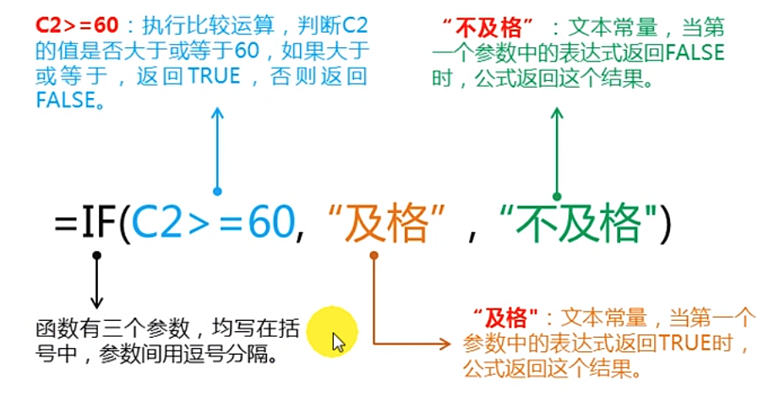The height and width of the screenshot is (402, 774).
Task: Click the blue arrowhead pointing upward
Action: pyautogui.click(x=217, y=115)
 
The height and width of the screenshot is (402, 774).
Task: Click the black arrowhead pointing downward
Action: pyautogui.click(x=96, y=302)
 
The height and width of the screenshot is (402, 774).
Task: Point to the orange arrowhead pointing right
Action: pyautogui.click(x=446, y=343)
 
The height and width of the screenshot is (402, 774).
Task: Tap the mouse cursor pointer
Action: pyautogui.click(x=338, y=342)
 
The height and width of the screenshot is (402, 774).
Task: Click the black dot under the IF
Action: pyautogui.click(x=96, y=254)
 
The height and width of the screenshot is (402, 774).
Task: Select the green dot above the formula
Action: pyautogui.click(x=556, y=195)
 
